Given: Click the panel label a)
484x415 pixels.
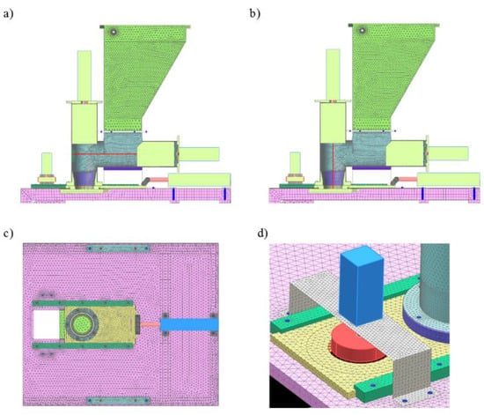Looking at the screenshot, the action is pos(8,14).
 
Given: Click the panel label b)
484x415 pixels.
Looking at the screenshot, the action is pos(255,13).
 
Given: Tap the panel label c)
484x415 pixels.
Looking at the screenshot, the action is pos(8,233).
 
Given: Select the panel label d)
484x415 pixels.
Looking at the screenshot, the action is pos(263,233).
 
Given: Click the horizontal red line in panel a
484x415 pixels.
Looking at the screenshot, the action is pos(105,154).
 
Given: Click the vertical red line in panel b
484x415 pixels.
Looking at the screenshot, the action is pos(333,165).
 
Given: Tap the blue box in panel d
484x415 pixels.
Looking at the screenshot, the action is pos(361,285).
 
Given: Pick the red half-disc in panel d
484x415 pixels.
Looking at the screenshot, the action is pos(357,343).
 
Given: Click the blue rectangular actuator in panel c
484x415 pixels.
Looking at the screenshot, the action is pos(189,325).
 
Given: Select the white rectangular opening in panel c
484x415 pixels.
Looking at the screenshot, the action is pos(47,324).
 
